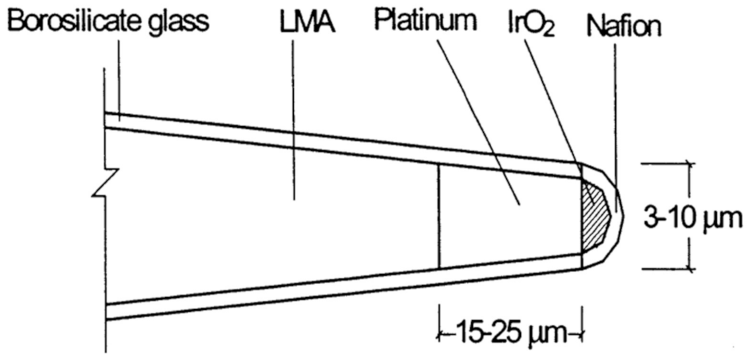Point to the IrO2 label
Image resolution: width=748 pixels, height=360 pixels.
[526, 24]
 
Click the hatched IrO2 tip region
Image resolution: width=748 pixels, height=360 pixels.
[593, 215]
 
